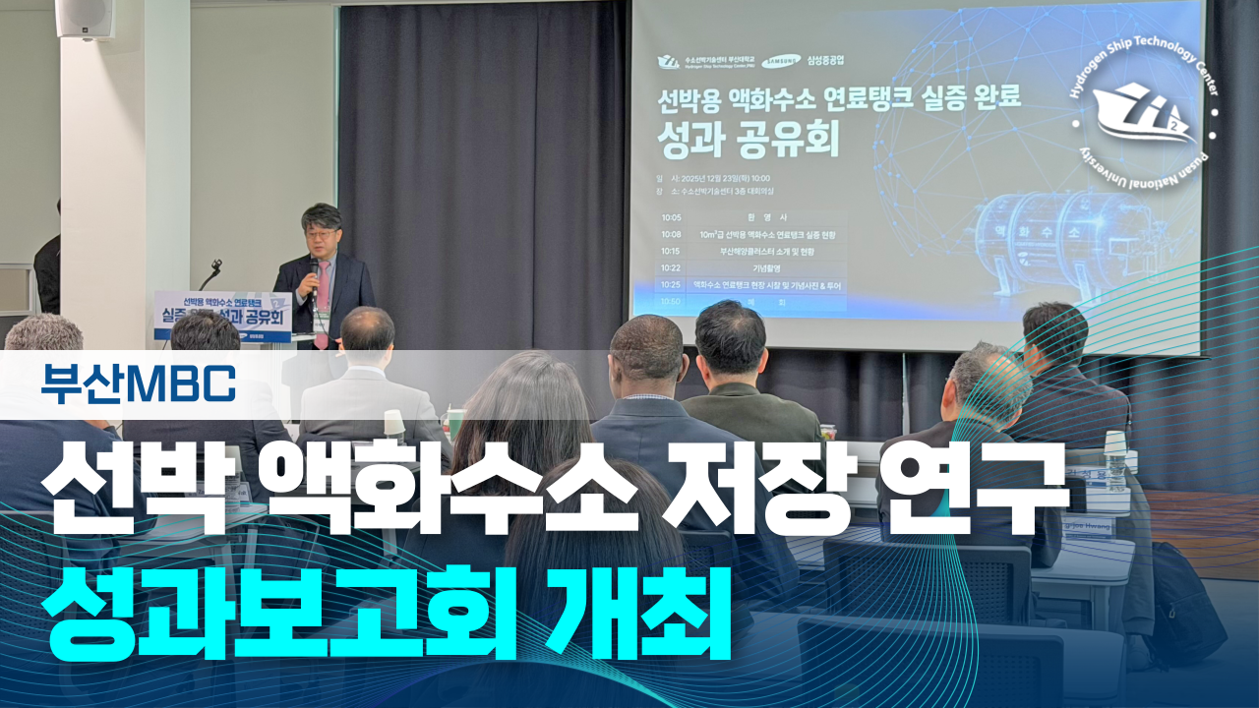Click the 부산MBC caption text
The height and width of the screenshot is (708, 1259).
pyautogui.click(x=139, y=383)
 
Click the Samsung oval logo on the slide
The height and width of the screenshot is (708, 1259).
pyautogui.click(x=787, y=61)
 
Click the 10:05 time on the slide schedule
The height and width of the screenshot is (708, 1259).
pyautogui.click(x=672, y=217)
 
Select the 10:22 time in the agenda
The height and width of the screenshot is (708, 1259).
pyautogui.click(x=672, y=267)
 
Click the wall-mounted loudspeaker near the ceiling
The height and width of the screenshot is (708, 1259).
pyautogui.click(x=85, y=18)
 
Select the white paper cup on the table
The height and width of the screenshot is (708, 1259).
pyautogui.click(x=394, y=422)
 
